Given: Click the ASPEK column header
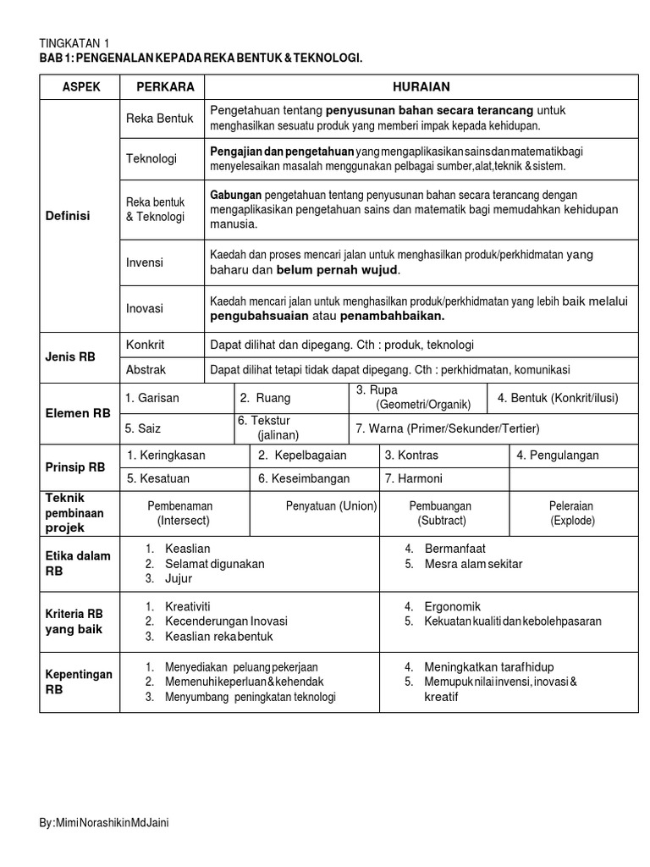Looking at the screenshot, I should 80,86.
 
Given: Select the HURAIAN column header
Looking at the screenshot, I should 421,86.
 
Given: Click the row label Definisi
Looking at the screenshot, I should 66,216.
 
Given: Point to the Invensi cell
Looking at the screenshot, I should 145,263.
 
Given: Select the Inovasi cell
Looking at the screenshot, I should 145,309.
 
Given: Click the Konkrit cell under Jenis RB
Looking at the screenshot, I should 145,345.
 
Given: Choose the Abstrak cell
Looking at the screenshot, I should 146,370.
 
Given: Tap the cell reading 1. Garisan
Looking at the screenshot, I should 151,398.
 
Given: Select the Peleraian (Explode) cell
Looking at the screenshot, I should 572,513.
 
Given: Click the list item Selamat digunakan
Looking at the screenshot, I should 215,564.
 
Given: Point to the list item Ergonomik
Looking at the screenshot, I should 453,606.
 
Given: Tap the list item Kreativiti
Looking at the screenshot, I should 188,606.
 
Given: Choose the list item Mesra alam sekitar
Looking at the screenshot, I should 474,564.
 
